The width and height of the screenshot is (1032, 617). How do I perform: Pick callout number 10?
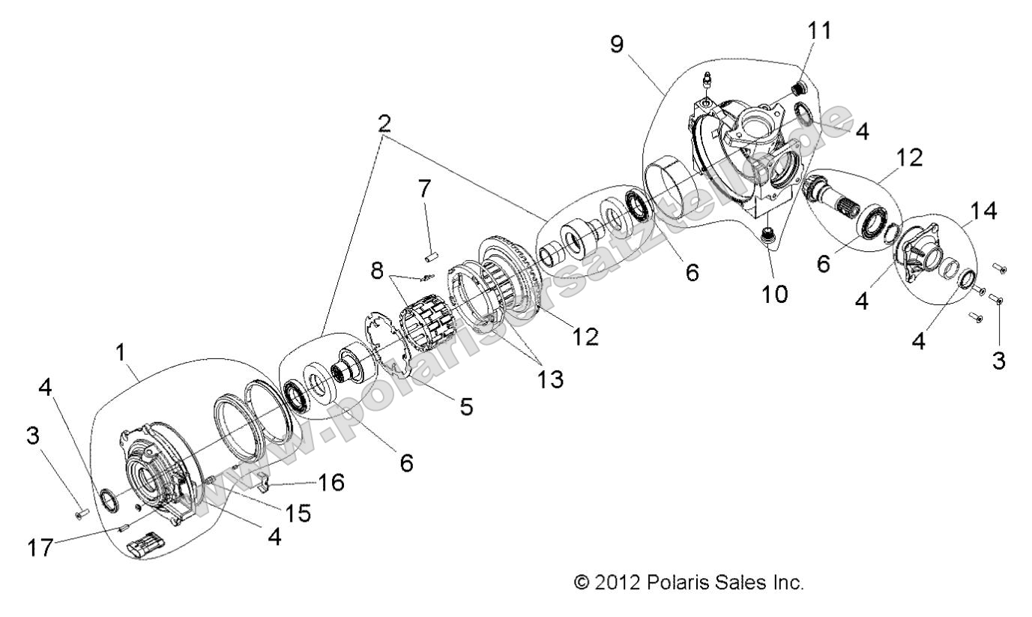(776, 294)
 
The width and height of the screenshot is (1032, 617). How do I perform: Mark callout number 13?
(551, 379)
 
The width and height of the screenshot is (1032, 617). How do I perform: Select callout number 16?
(331, 482)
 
